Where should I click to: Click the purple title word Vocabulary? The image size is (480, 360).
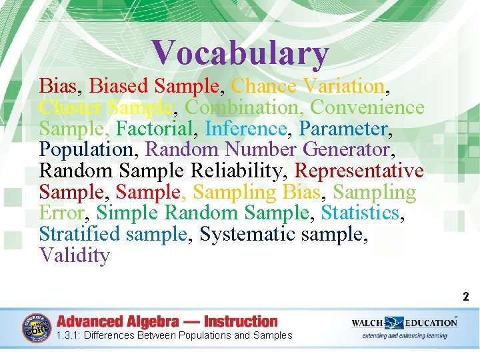(240, 53)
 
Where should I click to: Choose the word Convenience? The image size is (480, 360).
(367, 107)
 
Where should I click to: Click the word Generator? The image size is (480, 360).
(346, 149)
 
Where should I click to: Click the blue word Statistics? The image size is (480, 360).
(360, 213)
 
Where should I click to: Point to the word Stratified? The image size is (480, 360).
(79, 235)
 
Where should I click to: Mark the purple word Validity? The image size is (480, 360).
(74, 256)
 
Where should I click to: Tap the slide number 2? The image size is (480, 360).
(466, 297)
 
